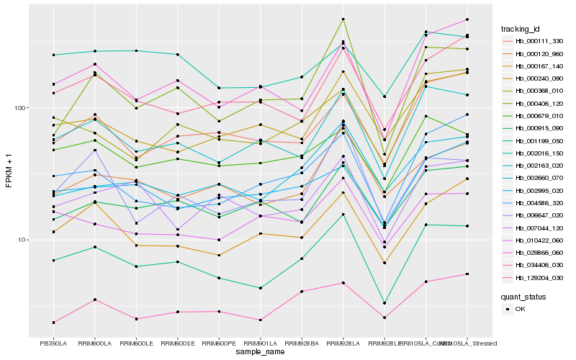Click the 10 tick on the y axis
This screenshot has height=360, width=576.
tap(21, 240)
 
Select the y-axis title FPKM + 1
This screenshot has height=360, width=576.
tap(9, 171)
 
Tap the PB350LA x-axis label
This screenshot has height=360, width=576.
tap(53, 343)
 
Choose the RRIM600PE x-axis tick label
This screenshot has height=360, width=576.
tap(220, 343)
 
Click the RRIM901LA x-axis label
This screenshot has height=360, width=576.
tap(261, 343)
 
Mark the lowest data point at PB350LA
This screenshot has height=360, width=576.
tap(53, 323)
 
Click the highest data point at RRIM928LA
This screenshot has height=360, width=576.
tap(343, 19)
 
